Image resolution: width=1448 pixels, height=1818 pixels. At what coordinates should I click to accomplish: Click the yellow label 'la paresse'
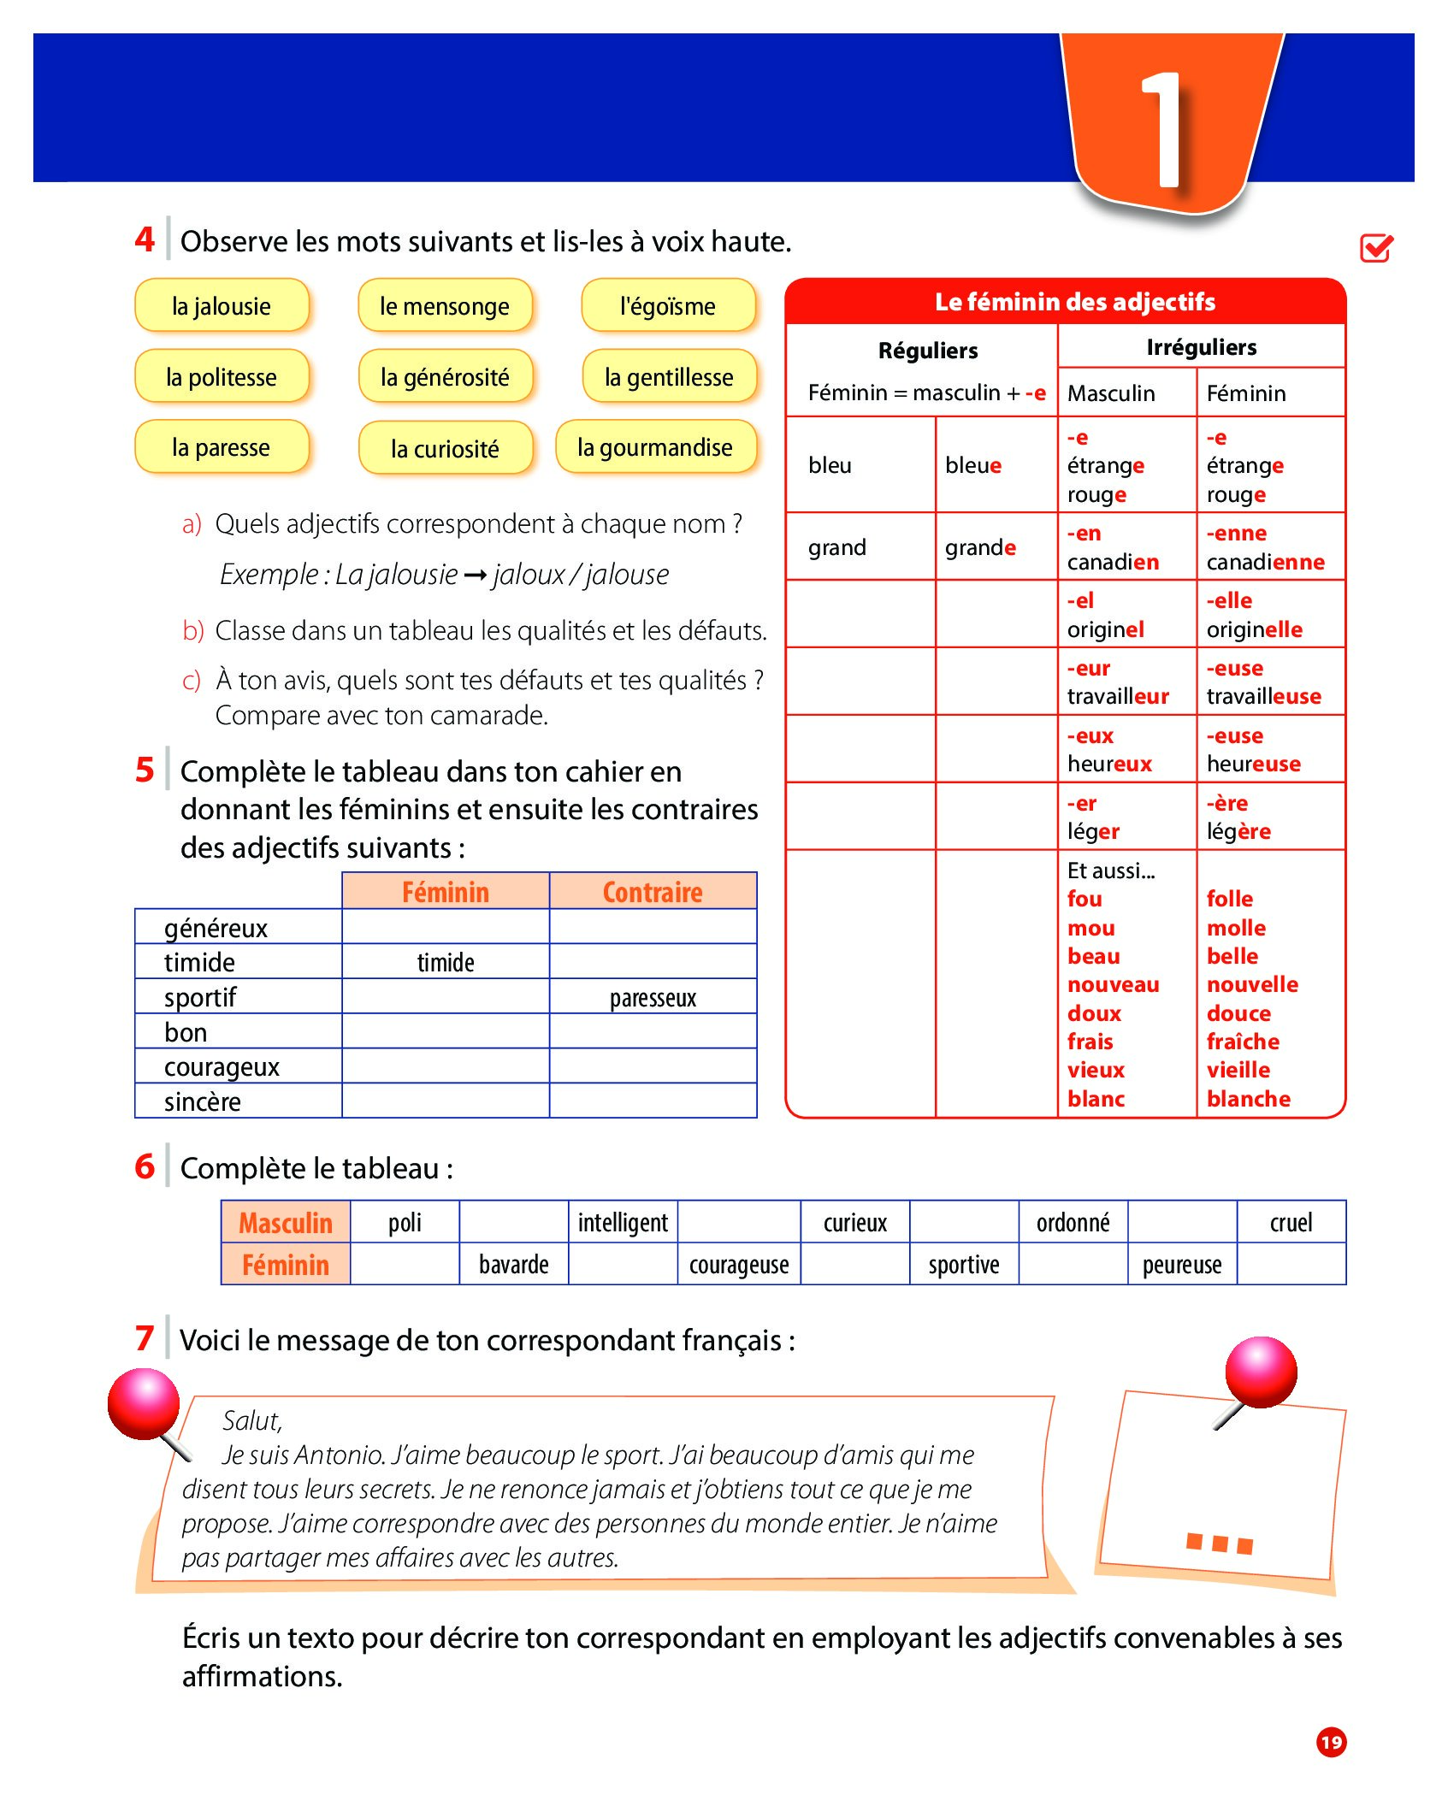(222, 447)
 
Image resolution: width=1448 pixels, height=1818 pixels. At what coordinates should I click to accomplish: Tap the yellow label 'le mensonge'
(445, 306)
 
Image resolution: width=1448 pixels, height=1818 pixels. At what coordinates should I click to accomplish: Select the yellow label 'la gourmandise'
(655, 447)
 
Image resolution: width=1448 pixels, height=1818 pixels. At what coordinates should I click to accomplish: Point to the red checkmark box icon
(1376, 248)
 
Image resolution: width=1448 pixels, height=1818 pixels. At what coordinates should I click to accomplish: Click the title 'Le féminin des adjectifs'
(1074, 302)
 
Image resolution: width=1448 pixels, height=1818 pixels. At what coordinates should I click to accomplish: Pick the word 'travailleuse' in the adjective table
(1263, 697)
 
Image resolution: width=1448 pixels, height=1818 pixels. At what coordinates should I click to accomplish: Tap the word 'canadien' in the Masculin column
(1113, 562)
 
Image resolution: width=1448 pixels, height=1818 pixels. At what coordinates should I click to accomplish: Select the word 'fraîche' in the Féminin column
(1243, 1042)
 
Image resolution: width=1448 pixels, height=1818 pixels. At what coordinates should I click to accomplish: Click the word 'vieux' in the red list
(1096, 1070)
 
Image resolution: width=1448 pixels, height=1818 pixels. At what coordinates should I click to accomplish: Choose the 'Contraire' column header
(653, 892)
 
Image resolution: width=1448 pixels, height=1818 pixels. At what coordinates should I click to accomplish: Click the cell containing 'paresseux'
(653, 998)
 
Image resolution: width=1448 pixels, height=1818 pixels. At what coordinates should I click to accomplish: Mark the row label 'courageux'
(222, 1067)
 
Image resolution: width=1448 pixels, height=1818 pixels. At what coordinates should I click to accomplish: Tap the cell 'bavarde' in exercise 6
(513, 1265)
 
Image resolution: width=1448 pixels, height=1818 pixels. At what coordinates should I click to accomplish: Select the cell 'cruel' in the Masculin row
(1291, 1223)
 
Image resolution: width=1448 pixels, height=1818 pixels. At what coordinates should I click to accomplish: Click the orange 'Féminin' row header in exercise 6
(285, 1265)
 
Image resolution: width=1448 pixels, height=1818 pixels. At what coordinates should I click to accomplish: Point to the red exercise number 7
(145, 1338)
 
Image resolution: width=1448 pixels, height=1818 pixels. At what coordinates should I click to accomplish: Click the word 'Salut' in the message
(251, 1421)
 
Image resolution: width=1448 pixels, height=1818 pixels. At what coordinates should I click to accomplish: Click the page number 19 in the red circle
(1331, 1742)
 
